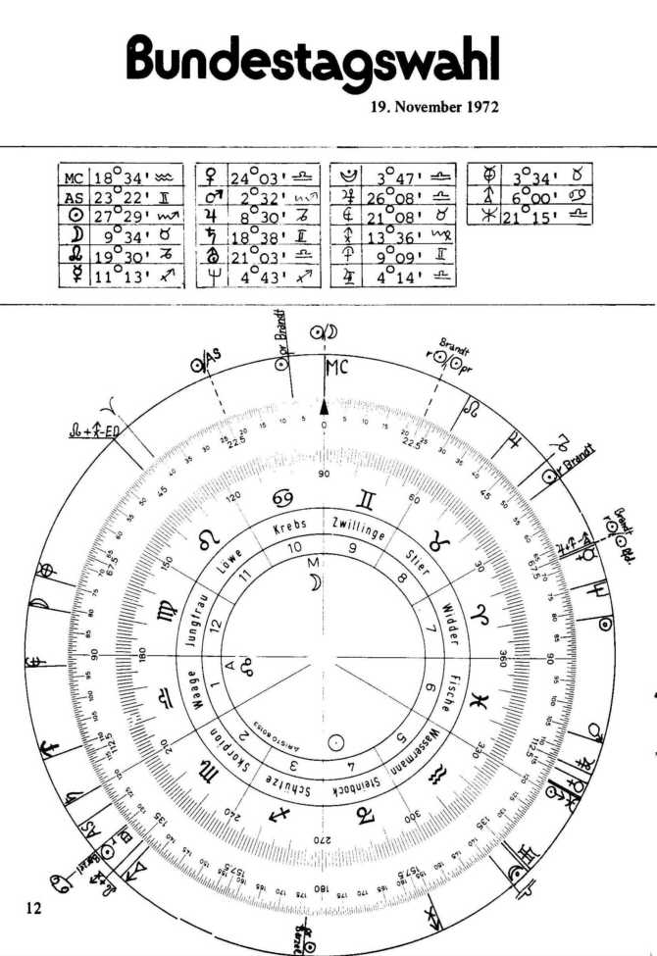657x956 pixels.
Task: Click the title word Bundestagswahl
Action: click(x=313, y=61)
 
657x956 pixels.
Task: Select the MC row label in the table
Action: click(x=74, y=178)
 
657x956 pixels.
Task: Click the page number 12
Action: click(x=33, y=908)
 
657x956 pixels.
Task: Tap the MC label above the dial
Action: click(x=336, y=370)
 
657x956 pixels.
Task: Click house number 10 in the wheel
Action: click(x=295, y=549)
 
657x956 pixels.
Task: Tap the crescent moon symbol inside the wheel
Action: click(x=316, y=583)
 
